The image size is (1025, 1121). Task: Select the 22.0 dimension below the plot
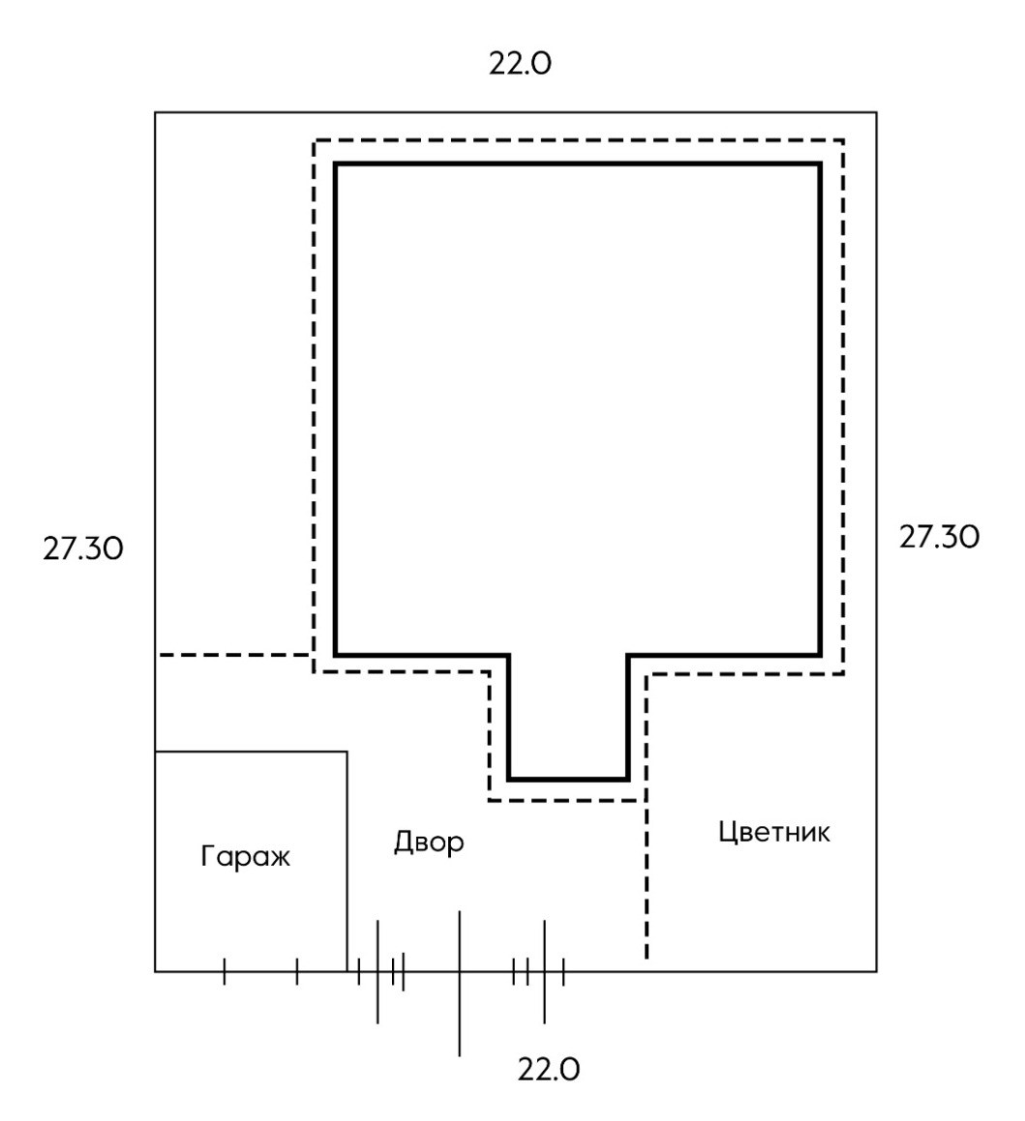click(x=549, y=1071)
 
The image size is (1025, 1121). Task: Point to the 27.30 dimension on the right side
click(x=939, y=537)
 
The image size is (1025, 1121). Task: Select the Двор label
click(x=429, y=842)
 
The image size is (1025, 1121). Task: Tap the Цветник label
click(x=774, y=833)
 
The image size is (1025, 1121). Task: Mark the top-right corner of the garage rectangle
click(x=347, y=752)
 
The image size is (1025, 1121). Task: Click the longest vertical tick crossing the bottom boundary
click(x=459, y=982)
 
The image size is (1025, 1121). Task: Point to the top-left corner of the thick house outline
click(x=336, y=164)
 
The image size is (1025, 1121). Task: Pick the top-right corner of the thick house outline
click(x=820, y=164)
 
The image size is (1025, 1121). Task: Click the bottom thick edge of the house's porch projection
click(x=568, y=779)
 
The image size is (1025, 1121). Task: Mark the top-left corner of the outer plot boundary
click(x=156, y=113)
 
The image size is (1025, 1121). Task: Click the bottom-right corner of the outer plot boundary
click(x=877, y=970)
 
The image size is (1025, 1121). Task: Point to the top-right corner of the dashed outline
click(x=844, y=140)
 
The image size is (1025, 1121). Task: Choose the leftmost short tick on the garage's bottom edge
click(x=224, y=971)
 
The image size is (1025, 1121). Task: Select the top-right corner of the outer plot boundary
click(x=877, y=113)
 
